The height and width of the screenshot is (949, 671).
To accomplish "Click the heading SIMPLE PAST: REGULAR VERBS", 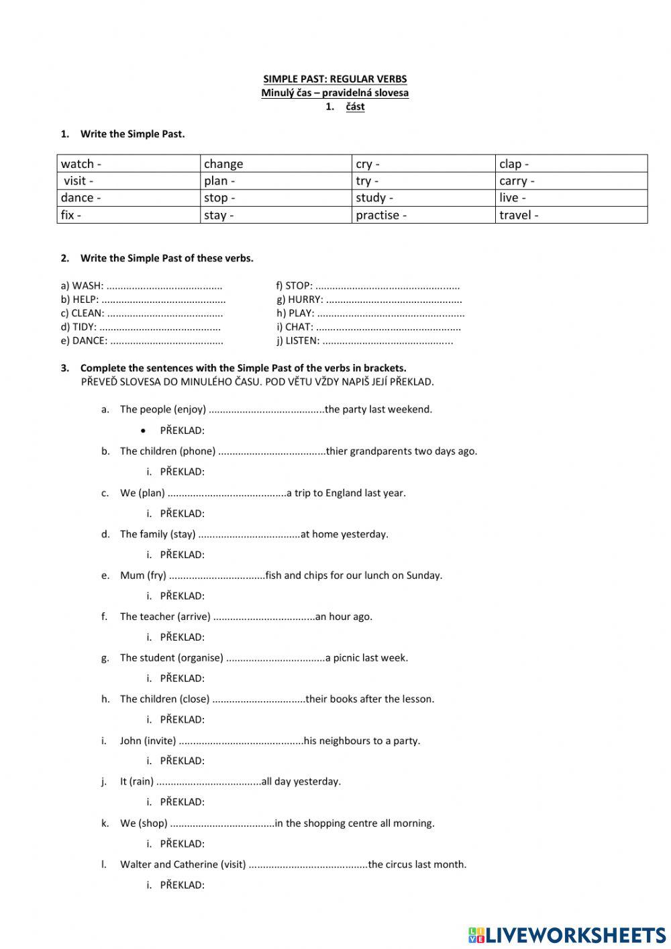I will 335,79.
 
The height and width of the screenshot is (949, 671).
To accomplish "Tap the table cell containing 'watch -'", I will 129,164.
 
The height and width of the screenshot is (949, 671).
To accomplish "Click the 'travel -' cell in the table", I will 572,215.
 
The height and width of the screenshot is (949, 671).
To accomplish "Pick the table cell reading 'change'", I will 276,164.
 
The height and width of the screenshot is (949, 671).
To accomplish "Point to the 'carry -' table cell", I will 572,181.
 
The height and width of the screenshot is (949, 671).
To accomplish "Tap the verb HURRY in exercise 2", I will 305,300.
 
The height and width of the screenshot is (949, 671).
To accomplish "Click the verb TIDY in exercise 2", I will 84,327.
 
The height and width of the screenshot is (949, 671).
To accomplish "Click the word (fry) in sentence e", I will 156,576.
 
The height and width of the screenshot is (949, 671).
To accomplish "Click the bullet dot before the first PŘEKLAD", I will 144,431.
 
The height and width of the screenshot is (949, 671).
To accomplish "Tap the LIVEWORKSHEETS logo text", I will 576,935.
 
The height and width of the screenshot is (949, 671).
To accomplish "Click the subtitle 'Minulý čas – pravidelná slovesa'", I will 335,93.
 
